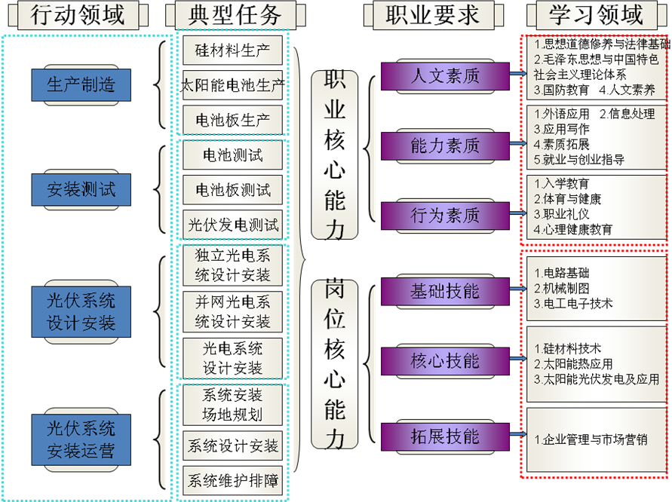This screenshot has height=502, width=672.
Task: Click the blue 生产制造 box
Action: point(81,84)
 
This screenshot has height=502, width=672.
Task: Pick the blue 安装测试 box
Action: point(81,189)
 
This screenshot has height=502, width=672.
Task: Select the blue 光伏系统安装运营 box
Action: point(81,440)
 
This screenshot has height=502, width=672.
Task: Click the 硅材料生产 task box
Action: point(232,51)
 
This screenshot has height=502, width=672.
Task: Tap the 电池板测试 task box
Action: point(232,190)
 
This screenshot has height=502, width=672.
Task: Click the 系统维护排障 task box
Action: point(232,480)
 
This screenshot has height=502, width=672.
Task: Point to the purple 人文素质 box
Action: point(445,76)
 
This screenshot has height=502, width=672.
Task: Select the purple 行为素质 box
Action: point(445,216)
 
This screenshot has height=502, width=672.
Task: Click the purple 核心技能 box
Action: point(445,361)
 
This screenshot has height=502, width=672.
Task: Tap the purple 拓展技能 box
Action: point(445,436)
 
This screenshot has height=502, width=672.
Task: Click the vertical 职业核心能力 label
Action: point(335,155)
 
